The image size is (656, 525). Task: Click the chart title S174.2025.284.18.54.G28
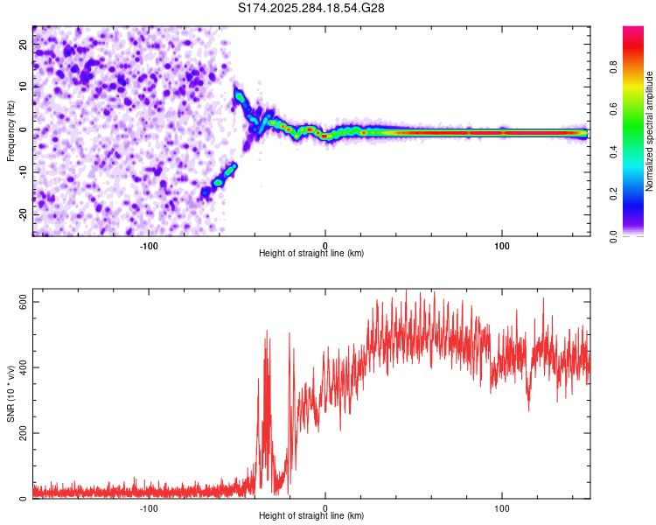coord(311,9)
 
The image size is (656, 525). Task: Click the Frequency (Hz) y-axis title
coord(10,129)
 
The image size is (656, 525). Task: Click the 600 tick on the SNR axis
coord(19,301)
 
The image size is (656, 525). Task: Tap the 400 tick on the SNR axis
coord(19,367)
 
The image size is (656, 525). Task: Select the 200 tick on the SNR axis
coord(19,433)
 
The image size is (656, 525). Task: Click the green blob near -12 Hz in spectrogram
coord(218,182)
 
